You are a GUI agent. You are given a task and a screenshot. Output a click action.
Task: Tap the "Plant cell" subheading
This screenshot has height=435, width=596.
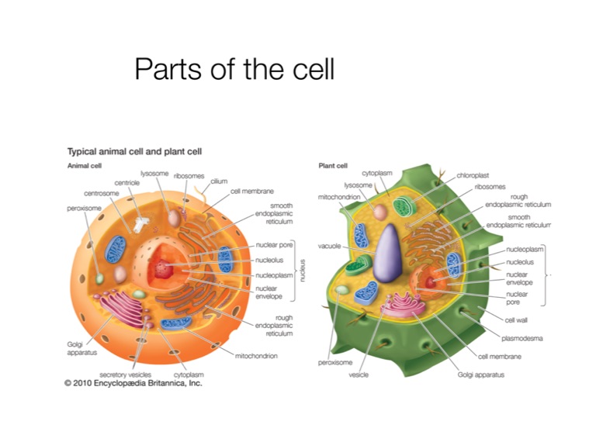point(333,165)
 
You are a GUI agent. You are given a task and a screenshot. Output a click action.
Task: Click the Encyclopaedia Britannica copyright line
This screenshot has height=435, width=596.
point(133,382)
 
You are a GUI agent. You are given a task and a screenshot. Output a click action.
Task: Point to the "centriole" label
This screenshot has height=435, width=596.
point(126,183)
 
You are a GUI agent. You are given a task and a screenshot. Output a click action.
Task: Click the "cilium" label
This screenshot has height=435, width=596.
point(218,181)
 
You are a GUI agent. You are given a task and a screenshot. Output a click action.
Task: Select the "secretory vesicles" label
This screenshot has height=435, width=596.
point(124,374)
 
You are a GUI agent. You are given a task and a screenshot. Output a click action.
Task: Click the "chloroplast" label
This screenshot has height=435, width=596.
point(473,176)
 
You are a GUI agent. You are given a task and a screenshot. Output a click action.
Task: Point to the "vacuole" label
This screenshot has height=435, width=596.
point(329,246)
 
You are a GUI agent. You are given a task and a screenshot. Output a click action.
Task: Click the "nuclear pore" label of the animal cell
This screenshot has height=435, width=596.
point(273,246)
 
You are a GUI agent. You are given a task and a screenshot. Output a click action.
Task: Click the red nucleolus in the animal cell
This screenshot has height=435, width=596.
point(163,269)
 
